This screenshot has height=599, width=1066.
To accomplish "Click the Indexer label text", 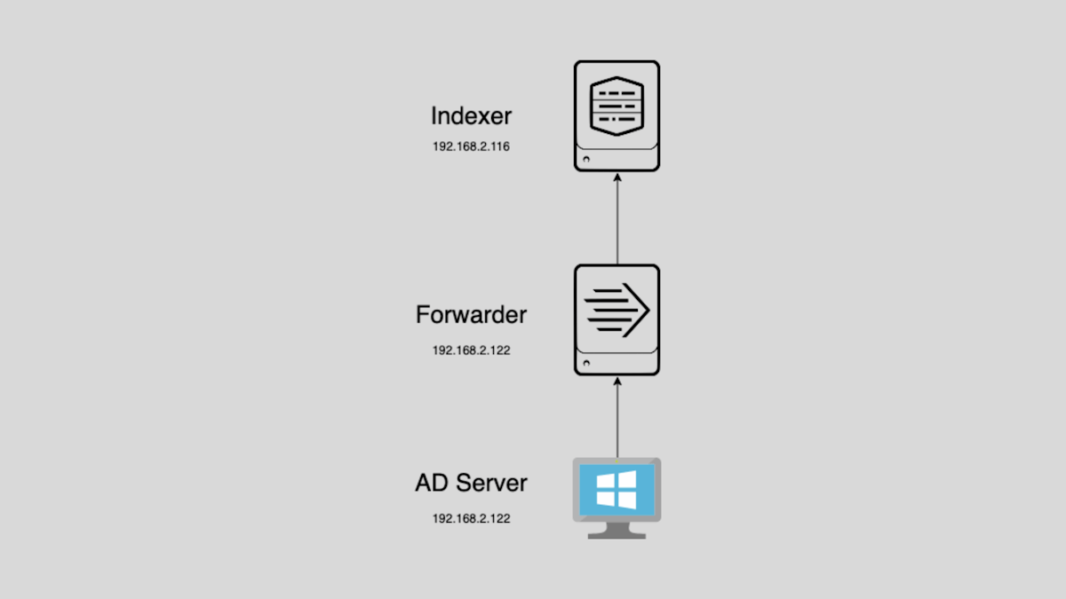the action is tap(471, 116).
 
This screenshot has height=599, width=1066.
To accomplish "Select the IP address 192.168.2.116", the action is tap(471, 146).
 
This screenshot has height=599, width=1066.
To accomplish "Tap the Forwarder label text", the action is tap(471, 315).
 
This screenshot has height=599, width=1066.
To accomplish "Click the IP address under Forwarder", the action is tap(471, 351).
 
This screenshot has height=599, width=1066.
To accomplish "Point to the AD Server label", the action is tap(471, 483).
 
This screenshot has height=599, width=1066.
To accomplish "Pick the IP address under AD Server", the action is tap(471, 518).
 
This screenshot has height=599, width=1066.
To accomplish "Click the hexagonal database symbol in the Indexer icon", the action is tap(617, 106).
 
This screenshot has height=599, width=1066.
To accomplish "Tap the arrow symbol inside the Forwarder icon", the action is tap(617, 310).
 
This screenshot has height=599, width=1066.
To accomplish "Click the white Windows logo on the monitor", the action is tap(617, 490).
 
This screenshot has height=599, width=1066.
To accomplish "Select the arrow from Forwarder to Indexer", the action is tap(617, 218).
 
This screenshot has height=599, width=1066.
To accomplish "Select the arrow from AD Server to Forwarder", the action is tap(617, 418).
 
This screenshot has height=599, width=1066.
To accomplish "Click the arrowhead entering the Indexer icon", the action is tap(617, 177).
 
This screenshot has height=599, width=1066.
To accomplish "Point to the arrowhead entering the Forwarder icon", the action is tap(617, 381).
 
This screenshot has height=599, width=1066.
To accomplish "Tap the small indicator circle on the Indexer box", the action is tap(586, 158).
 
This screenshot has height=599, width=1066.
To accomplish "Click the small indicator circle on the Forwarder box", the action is tap(586, 362).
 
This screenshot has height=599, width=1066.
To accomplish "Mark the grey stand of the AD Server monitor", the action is tap(617, 531).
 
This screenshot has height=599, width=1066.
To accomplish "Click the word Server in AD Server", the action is tap(491, 483).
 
